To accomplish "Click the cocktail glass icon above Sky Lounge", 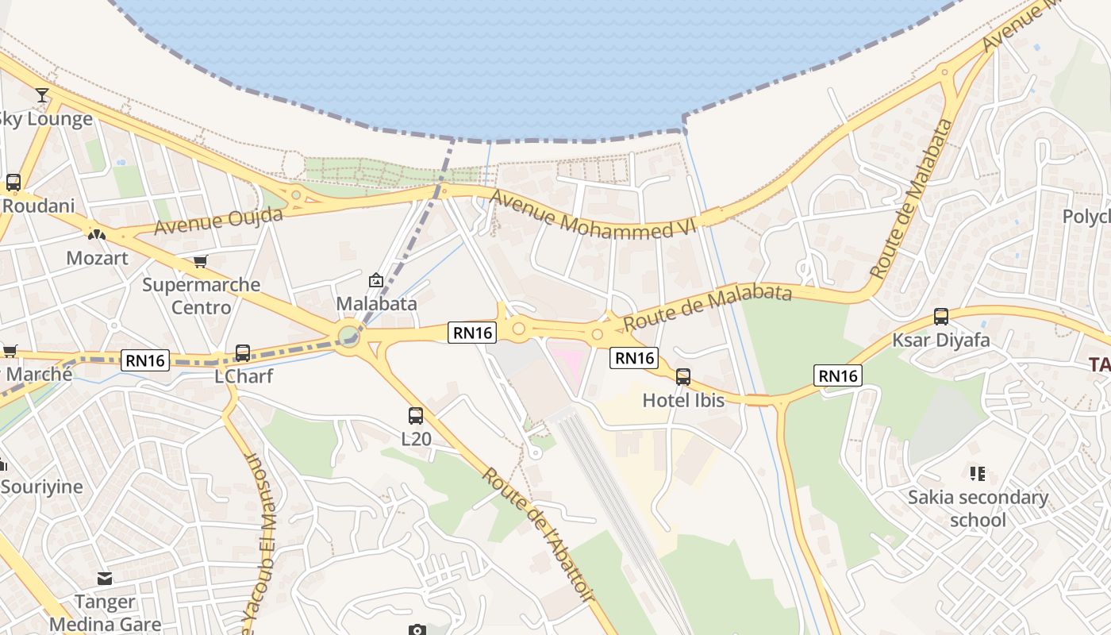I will pyautogui.click(x=42, y=96).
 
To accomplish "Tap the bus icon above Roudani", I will pyautogui.click(x=13, y=183).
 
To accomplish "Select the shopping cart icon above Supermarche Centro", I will pyautogui.click(x=201, y=261).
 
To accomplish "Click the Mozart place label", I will pyautogui.click(x=97, y=258).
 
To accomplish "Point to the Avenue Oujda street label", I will pyautogui.click(x=218, y=221).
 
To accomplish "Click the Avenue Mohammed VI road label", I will pyautogui.click(x=592, y=214).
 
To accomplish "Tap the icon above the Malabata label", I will pyautogui.click(x=376, y=280).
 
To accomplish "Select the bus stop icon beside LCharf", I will pyautogui.click(x=243, y=353).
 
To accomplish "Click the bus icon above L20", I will pyautogui.click(x=416, y=415).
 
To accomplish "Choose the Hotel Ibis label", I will pyautogui.click(x=683, y=400).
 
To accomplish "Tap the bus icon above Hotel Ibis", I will pyautogui.click(x=683, y=377).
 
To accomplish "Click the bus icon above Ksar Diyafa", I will pyautogui.click(x=941, y=317).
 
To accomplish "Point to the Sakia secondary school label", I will pyautogui.click(x=978, y=508).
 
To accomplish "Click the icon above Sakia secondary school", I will pyautogui.click(x=978, y=474).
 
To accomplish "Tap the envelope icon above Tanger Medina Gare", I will pyautogui.click(x=105, y=578).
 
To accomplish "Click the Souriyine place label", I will pyautogui.click(x=41, y=487).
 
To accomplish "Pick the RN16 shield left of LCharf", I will pyautogui.click(x=146, y=360).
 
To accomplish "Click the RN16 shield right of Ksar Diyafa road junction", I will pyautogui.click(x=838, y=375).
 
